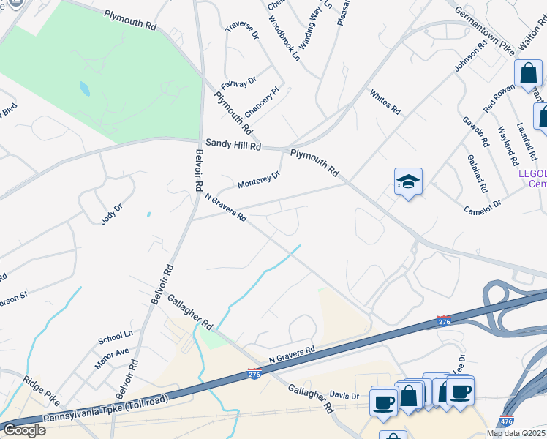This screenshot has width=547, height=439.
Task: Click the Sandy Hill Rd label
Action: pos(233,146)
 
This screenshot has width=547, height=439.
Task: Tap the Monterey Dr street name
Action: pos(258,179)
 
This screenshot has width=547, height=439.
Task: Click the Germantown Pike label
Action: pos(483,29)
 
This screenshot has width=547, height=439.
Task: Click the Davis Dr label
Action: pos(344,396)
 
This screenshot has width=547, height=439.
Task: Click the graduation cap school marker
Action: pos(408,182)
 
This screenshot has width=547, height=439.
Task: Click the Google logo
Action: pos(24,430)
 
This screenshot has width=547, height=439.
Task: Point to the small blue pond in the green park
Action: pos(85,89)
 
